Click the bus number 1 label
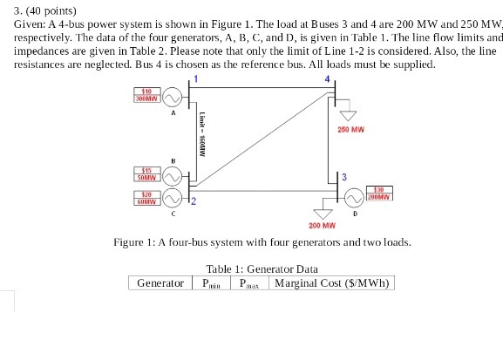coord(196,80)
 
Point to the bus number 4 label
coord(327,80)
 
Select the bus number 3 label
coord(345,178)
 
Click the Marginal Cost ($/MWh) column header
coord(331,283)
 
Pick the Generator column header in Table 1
coord(160,283)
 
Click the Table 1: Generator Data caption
coord(262,269)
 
